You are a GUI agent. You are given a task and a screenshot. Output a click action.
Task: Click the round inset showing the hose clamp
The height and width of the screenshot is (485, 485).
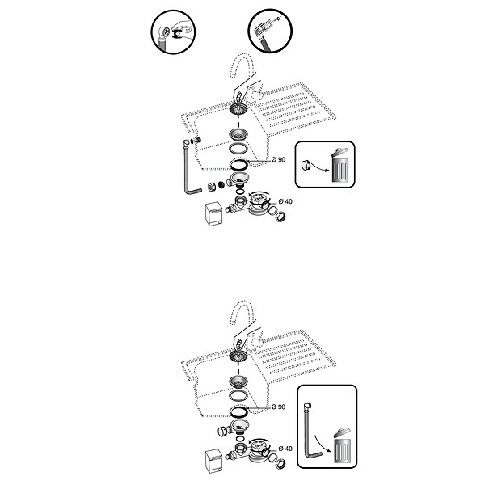(173, 32)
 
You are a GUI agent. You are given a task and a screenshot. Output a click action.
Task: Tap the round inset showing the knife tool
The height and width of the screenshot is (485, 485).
(270, 31)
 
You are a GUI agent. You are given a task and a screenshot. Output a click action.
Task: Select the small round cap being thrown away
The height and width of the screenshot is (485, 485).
(306, 165)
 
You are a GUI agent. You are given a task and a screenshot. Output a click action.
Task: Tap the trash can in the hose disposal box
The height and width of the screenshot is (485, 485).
(343, 445)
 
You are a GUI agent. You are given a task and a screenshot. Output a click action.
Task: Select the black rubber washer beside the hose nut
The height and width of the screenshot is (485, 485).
(221, 184)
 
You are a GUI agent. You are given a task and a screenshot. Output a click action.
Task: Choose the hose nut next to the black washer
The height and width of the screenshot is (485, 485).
(211, 187)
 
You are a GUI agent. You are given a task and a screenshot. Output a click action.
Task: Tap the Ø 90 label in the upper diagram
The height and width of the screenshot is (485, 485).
(278, 159)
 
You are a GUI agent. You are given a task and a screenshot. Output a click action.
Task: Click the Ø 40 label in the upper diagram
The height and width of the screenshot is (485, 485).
(285, 201)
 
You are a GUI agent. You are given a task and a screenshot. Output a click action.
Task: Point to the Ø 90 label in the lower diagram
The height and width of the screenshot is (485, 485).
(278, 407)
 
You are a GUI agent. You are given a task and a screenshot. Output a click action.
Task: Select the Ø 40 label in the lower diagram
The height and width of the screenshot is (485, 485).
(285, 449)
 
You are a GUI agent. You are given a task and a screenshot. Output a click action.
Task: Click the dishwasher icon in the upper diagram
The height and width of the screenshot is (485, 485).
(214, 213)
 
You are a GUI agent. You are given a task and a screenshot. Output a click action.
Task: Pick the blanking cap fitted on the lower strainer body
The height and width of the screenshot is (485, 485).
(222, 431)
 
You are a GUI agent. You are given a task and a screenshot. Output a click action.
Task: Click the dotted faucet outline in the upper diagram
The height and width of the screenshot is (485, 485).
(242, 65)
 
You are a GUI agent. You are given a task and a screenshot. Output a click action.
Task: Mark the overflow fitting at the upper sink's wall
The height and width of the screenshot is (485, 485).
(197, 139)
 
